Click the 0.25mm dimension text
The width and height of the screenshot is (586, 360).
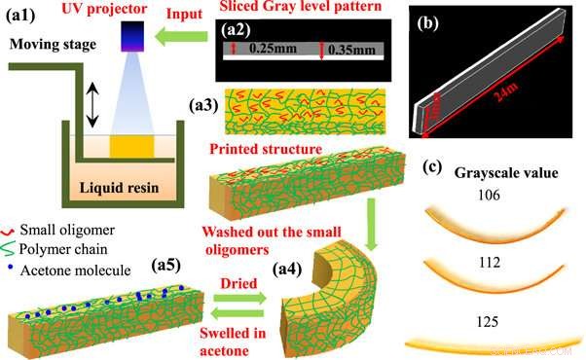pos(269,47)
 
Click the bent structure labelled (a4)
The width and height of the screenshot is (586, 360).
pos(336,292)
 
